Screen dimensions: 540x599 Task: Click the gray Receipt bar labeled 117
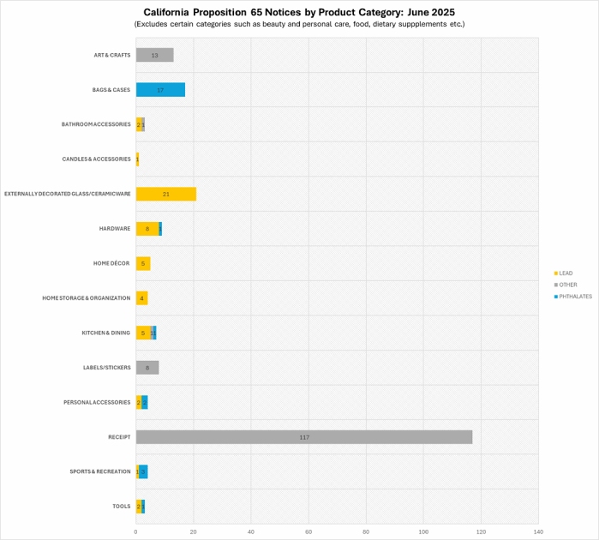point(304,437)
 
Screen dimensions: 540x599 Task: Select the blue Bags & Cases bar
point(160,90)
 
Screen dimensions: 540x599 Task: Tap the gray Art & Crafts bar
point(154,55)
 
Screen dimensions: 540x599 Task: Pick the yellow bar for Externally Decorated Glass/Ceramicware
point(166,194)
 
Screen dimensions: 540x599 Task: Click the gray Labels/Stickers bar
point(147,368)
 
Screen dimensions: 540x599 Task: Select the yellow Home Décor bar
point(143,263)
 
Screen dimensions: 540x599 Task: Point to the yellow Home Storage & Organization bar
point(141,298)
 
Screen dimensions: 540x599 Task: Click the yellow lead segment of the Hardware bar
point(147,229)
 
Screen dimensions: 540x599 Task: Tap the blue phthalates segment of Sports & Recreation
point(143,471)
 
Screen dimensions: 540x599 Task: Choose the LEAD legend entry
point(566,273)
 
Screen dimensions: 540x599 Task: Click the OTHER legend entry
point(567,285)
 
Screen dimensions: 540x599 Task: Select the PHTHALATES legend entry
point(572,297)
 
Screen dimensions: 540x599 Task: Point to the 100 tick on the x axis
point(423,532)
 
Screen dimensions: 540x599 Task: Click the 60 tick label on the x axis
point(308,532)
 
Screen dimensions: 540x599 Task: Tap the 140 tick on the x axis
point(538,532)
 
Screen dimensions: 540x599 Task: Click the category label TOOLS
point(122,507)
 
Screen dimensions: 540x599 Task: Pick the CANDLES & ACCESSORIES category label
point(96,159)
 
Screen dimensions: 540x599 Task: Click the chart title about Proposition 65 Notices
point(299,12)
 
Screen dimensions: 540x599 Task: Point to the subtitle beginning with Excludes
point(299,24)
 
